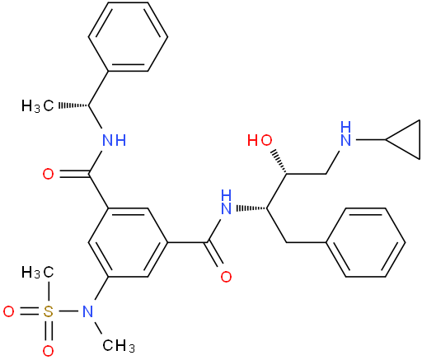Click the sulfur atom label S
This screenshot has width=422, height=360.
[x=48, y=311]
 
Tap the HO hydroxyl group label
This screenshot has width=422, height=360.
[x=260, y=140]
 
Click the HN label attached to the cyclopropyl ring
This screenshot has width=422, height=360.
[x=345, y=133]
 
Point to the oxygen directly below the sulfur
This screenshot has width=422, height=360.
[x=48, y=351]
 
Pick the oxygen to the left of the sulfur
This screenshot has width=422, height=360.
[x=8, y=311]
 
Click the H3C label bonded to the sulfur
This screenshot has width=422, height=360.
[x=38, y=273]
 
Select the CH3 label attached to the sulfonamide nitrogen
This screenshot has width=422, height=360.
[x=119, y=345]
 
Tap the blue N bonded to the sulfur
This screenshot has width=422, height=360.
[x=87, y=311]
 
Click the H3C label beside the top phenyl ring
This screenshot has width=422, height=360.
[x=38, y=106]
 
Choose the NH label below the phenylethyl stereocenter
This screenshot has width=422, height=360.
[x=114, y=140]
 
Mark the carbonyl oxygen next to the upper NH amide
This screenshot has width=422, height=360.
[x=49, y=174]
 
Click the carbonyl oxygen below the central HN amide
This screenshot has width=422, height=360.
[x=226, y=277]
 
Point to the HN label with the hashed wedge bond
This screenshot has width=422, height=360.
[x=226, y=203]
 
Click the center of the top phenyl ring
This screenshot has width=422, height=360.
[x=128, y=37]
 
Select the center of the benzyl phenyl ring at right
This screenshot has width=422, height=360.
[x=365, y=242]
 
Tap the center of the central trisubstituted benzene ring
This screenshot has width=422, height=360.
[x=128, y=242]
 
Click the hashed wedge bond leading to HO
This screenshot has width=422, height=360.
[x=279, y=162]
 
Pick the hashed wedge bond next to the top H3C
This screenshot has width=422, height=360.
[x=73, y=105]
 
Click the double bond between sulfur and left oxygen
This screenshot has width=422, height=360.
[x=28, y=311]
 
